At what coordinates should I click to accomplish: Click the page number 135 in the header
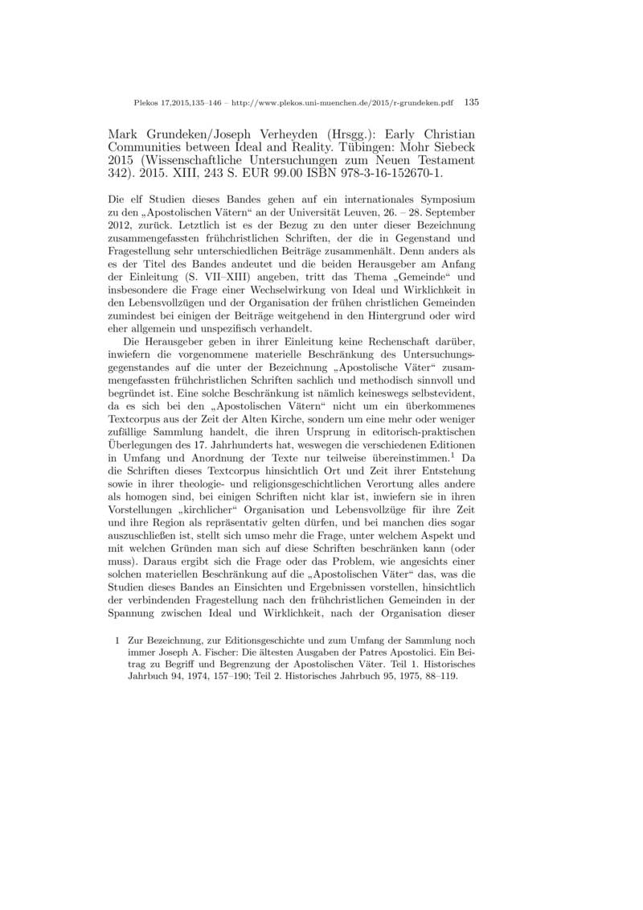pos(472,102)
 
